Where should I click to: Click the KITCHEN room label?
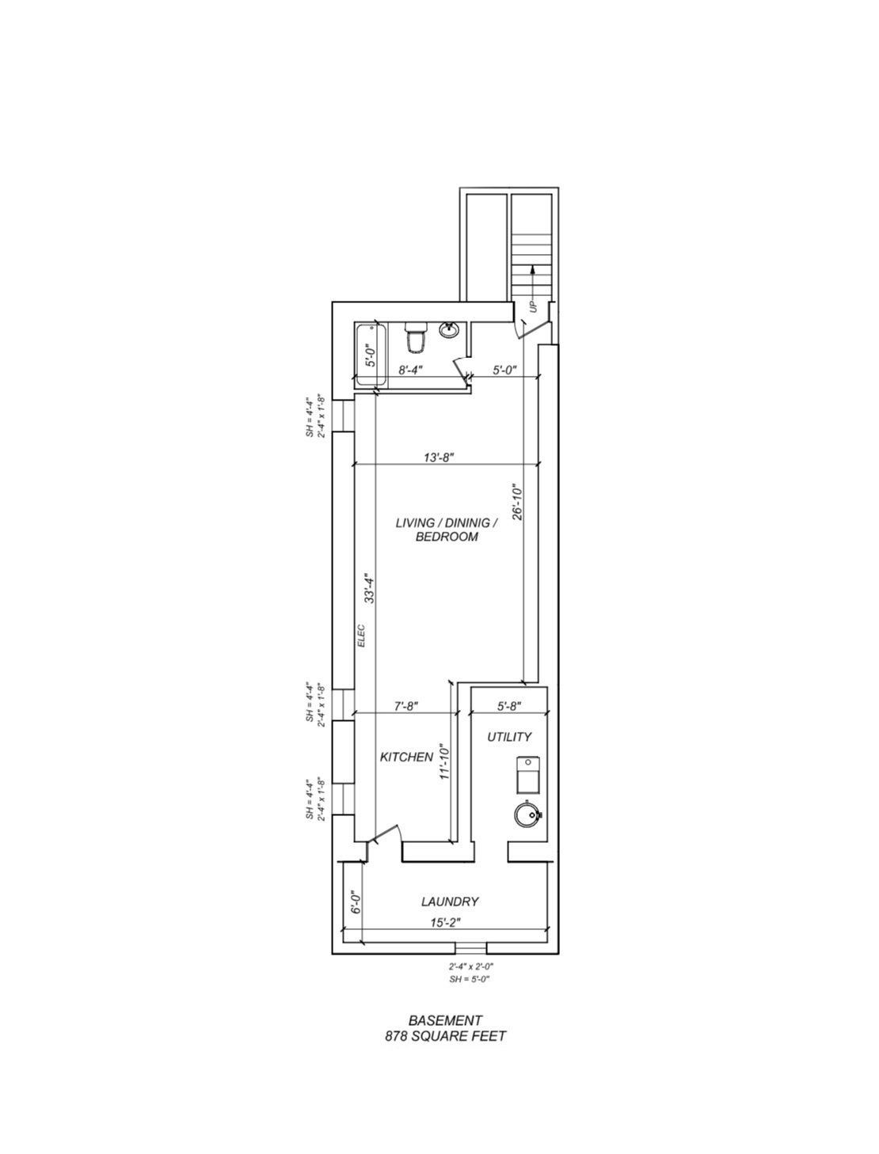[x=406, y=757]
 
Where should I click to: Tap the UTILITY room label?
[x=508, y=737]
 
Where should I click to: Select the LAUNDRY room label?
[x=450, y=902]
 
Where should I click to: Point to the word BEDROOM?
[x=447, y=537]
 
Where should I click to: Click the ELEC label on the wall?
[x=361, y=636]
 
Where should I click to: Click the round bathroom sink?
[x=449, y=330]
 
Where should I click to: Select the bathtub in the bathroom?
[x=371, y=355]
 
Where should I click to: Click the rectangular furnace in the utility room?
[x=527, y=776]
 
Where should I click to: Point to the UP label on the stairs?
[x=534, y=306]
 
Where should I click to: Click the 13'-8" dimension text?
[x=439, y=457]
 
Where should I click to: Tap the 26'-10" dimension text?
[x=517, y=502]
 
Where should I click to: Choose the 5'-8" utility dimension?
[x=509, y=706]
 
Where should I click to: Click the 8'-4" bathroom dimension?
[x=409, y=370]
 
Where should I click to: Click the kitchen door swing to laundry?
[x=388, y=830]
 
